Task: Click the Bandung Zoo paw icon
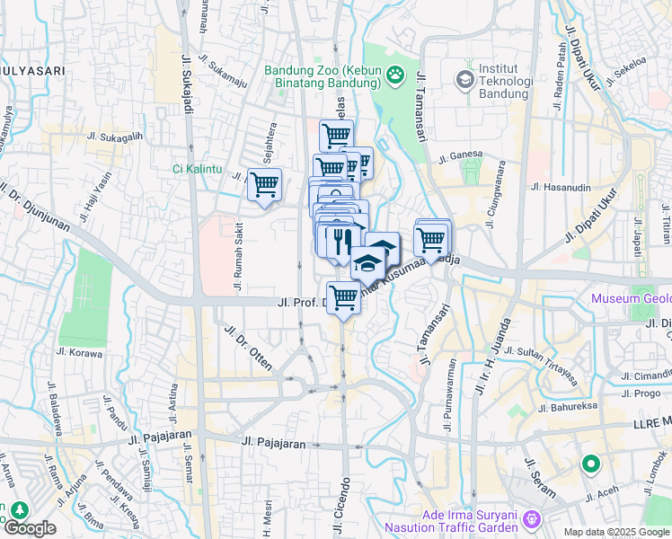pyautogui.click(x=396, y=75)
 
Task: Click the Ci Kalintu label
pyautogui.click(x=199, y=168)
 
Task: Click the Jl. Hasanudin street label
pyautogui.click(x=561, y=187)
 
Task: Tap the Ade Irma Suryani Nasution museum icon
pyautogui.click(x=532, y=518)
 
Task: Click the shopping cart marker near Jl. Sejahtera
pyautogui.click(x=264, y=185)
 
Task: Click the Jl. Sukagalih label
pyautogui.click(x=115, y=137)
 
